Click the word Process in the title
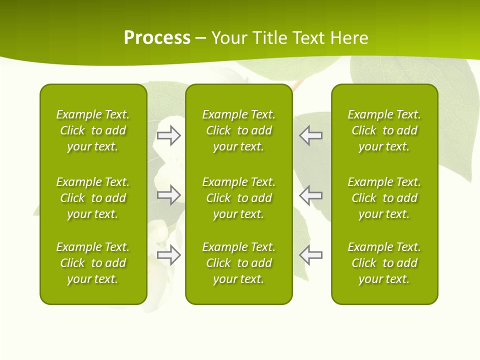pyautogui.click(x=157, y=38)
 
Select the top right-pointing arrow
pyautogui.click(x=168, y=135)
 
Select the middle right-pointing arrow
pyautogui.click(x=168, y=195)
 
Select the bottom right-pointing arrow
pyautogui.click(x=168, y=255)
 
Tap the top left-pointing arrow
pyautogui.click(x=311, y=135)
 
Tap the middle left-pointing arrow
pyautogui.click(x=311, y=195)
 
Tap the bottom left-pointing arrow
pyautogui.click(x=311, y=255)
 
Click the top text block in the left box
pyautogui.click(x=93, y=130)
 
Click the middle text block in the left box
pyautogui.click(x=93, y=198)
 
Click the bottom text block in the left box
pyautogui.click(x=93, y=263)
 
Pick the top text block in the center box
pyautogui.click(x=238, y=130)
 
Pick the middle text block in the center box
pyautogui.click(x=238, y=198)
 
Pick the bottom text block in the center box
pyautogui.click(x=238, y=263)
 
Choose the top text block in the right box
pyautogui.click(x=384, y=130)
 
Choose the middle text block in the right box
pyautogui.click(x=384, y=198)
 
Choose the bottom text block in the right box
pyautogui.click(x=384, y=263)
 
